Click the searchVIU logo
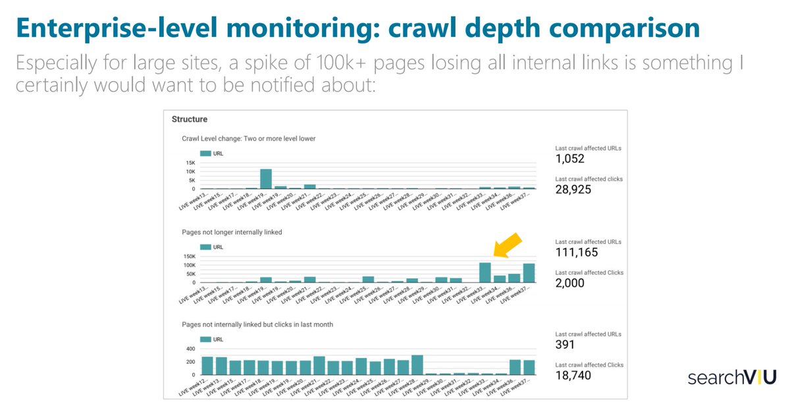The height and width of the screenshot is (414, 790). (x=732, y=377)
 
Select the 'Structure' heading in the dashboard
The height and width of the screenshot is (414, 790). (x=190, y=119)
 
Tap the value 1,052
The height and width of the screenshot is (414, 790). (x=569, y=159)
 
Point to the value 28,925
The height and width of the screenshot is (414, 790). (x=573, y=190)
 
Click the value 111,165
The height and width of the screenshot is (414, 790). (x=577, y=252)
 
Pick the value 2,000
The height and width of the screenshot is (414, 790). (x=570, y=283)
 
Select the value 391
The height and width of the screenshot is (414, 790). (x=565, y=345)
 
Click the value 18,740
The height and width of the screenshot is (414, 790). (x=573, y=375)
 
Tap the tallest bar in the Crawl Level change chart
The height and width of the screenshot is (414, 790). (x=266, y=179)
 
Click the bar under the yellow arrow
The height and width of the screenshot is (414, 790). (x=485, y=272)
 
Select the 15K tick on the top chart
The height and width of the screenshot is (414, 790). (x=190, y=163)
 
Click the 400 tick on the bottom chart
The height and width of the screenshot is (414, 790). (x=190, y=349)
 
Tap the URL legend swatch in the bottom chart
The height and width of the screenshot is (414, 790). (x=205, y=340)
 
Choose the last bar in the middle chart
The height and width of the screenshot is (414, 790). (x=529, y=273)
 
